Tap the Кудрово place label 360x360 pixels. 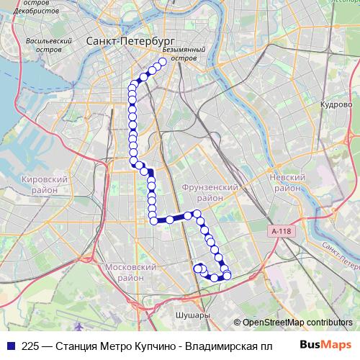336,104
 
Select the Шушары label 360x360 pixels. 192,315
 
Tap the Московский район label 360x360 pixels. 130,272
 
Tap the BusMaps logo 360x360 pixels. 324,345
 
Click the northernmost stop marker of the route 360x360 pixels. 163,62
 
